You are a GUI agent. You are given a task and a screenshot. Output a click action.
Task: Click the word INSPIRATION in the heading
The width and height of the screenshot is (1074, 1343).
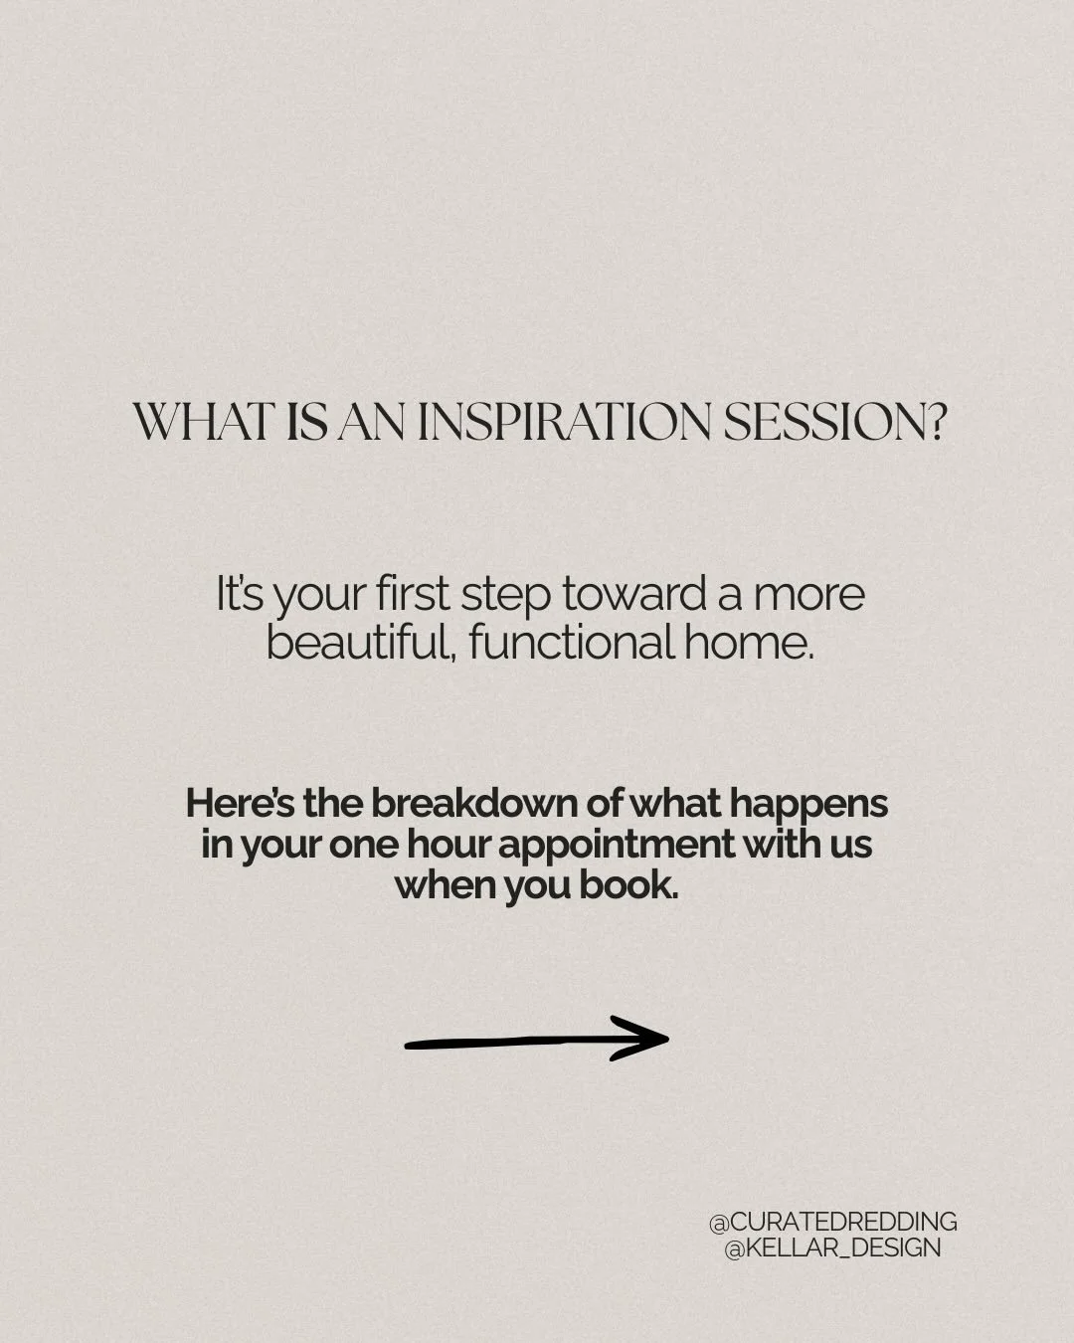click(564, 423)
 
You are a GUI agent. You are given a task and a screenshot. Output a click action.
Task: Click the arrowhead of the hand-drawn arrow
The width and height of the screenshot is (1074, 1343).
click(651, 1038)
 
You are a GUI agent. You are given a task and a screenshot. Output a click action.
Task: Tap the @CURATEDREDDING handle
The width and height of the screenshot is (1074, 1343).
click(832, 1222)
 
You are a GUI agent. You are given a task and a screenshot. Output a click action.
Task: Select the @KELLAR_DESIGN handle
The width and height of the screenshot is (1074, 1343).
click(832, 1247)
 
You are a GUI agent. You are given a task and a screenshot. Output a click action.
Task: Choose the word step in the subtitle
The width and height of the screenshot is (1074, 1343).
click(508, 595)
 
